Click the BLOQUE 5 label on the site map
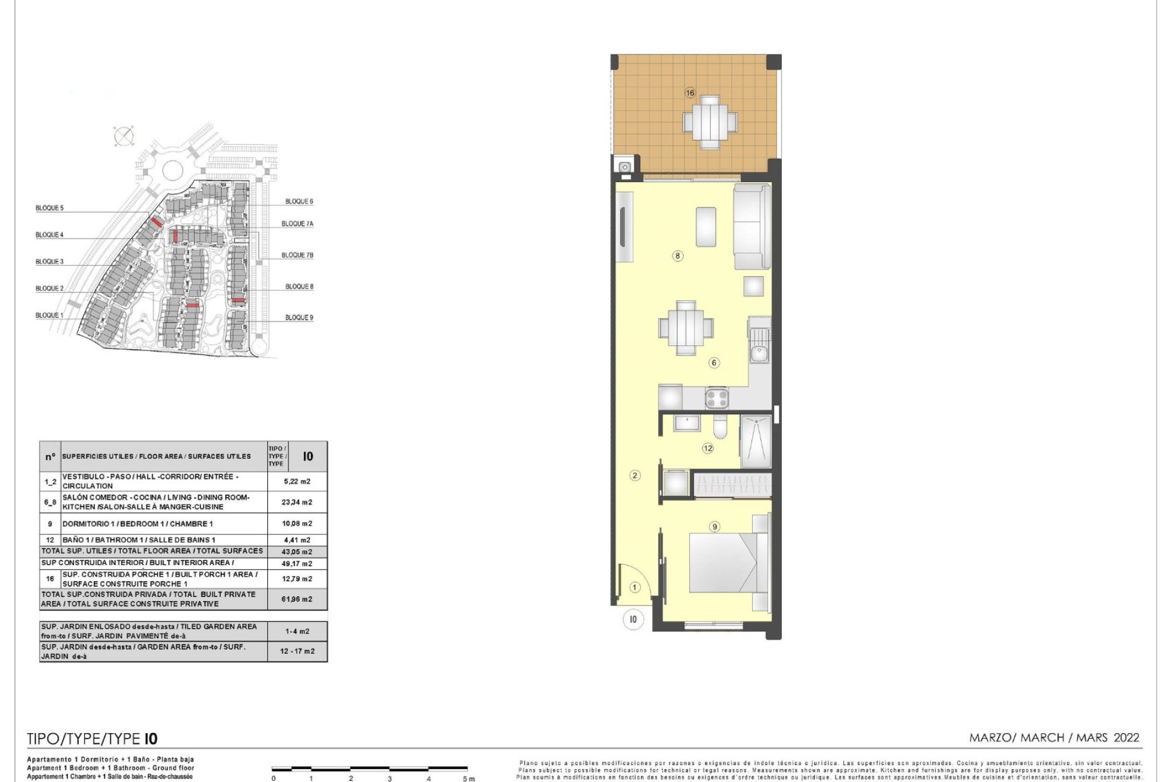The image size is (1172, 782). [49, 208]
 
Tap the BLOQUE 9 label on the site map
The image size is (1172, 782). [299, 318]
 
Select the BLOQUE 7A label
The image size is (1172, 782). [297, 224]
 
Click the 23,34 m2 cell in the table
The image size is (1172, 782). [297, 502]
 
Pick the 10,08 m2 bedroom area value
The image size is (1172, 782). [297, 524]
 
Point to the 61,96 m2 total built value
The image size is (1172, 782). [297, 599]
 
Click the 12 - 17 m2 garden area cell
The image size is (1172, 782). [297, 651]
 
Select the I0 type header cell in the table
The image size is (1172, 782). [308, 456]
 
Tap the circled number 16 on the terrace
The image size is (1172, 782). [690, 93]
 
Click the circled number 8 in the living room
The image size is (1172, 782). [678, 256]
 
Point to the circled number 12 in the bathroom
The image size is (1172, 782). [707, 448]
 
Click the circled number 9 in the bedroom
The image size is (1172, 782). [714, 527]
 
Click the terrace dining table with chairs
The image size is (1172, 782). [709, 122]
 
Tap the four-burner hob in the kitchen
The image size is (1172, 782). [717, 398]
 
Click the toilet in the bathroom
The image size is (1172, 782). [720, 428]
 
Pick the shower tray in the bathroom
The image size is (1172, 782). [756, 441]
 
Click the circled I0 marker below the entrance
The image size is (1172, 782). [633, 619]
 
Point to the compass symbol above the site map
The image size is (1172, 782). [124, 136]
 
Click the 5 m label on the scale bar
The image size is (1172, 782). [468, 778]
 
